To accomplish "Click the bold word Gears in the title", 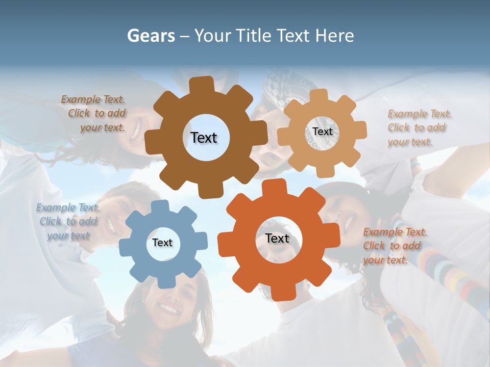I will [151, 36].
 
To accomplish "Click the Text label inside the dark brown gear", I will [204, 138].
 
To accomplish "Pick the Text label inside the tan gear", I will [322, 132].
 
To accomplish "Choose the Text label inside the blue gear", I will [162, 243].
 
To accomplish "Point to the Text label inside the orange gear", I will [277, 238].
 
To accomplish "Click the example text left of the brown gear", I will [96, 114].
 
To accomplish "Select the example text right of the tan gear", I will [419, 128].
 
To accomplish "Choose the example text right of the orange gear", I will [395, 246].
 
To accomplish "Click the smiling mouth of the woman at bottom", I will [168, 308].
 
